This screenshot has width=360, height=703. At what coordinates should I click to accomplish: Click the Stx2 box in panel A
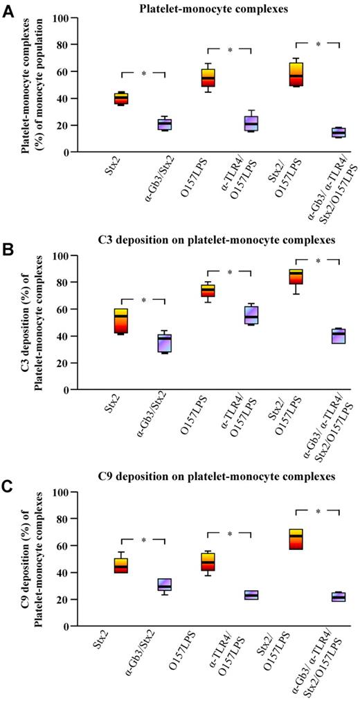point(121,98)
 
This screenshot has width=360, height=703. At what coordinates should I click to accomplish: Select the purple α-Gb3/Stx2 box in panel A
point(165,124)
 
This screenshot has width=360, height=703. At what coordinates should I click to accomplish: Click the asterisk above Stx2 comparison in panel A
point(143,72)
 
